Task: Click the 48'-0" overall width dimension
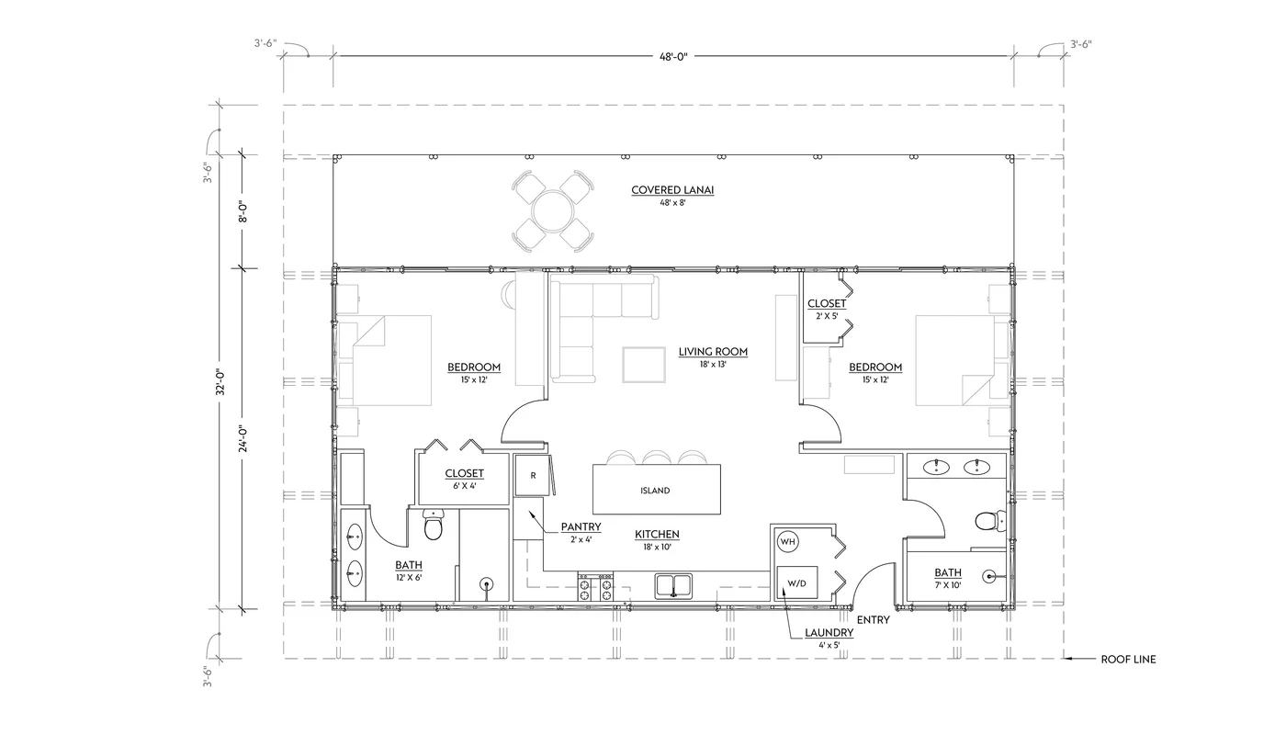pos(672,57)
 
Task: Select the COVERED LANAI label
pos(672,191)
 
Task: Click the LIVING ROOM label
pos(713,352)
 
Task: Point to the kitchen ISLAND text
pos(655,491)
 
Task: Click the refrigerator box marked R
pos(533,476)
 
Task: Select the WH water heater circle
pos(787,543)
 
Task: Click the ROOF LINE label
pos(1128,660)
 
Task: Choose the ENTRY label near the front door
pos(873,620)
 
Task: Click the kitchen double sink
pos(675,586)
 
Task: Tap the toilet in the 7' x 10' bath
pos(987,522)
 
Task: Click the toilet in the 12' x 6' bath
pos(433,528)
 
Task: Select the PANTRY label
pos(581,527)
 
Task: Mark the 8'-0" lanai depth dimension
pos(243,212)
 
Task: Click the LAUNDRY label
pos(829,633)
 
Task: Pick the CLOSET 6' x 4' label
pos(464,474)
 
